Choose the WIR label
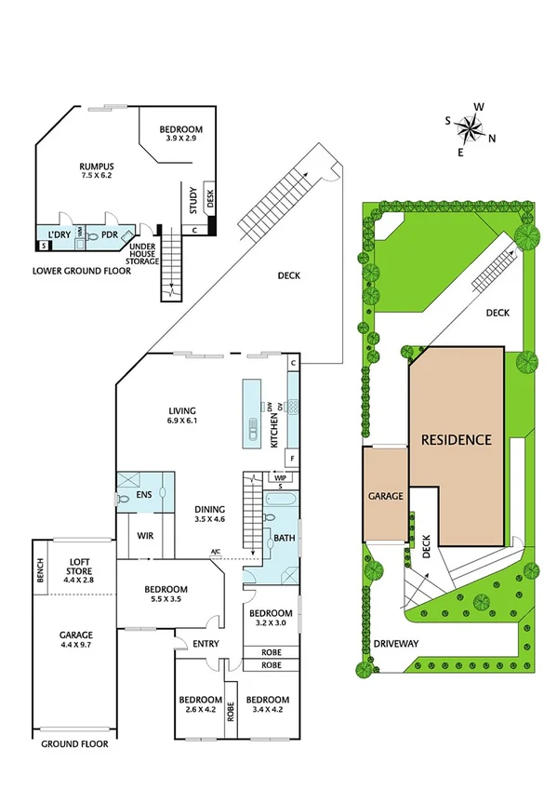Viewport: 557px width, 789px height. [x=146, y=536]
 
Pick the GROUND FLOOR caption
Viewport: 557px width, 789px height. [x=73, y=744]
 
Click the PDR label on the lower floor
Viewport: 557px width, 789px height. [x=109, y=235]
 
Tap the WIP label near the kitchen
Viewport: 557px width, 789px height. [x=279, y=476]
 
